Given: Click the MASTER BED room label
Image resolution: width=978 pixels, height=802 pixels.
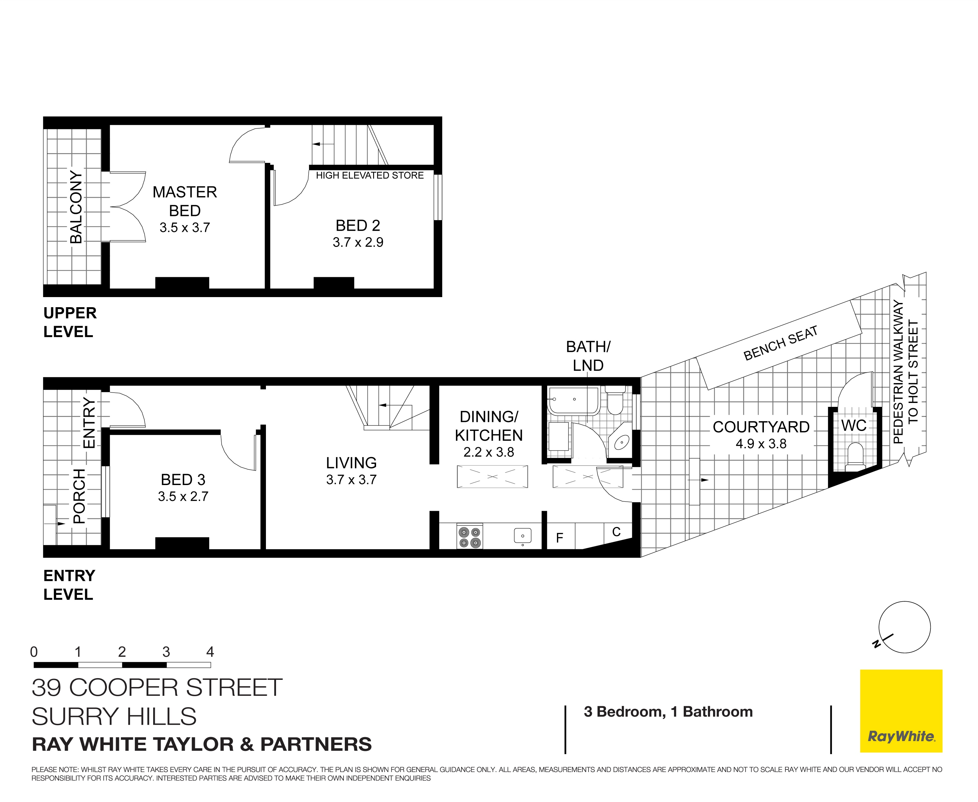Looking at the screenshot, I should click(x=184, y=201).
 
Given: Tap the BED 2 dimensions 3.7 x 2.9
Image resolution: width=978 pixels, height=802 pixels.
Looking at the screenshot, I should click(x=358, y=242).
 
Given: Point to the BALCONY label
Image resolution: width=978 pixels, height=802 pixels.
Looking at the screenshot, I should click(x=76, y=207).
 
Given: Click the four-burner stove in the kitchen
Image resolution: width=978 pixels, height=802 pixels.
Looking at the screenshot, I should click(x=470, y=537).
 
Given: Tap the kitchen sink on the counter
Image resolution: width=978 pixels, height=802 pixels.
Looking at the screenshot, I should click(x=522, y=536).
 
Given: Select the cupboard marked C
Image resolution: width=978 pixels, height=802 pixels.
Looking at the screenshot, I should click(x=616, y=532).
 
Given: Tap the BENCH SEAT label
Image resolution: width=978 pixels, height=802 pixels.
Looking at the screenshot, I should click(x=780, y=343).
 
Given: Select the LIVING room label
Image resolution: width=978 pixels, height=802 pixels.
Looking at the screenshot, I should click(x=351, y=463).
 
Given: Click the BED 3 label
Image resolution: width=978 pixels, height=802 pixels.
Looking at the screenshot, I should click(x=183, y=480).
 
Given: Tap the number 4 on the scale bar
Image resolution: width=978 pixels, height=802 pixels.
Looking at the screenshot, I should click(x=210, y=652).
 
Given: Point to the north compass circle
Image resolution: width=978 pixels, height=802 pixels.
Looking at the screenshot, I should click(x=904, y=627).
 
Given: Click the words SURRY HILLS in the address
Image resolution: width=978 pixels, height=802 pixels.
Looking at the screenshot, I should click(x=114, y=717).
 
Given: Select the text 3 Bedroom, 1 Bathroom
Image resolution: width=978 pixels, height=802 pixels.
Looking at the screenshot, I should click(x=668, y=712).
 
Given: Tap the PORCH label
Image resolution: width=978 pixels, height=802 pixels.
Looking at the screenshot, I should click(x=80, y=496).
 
